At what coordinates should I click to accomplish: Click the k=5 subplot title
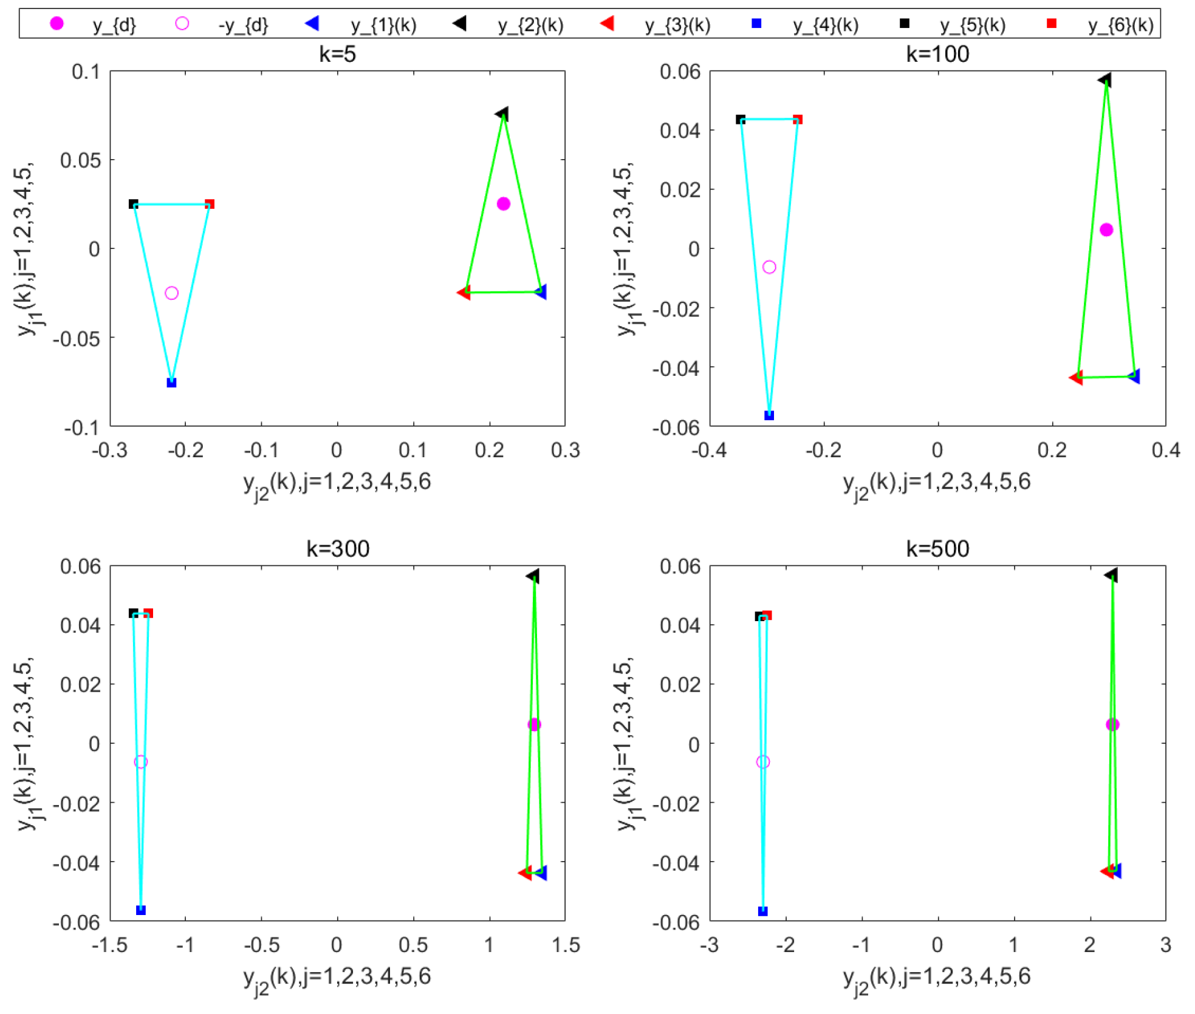click(337, 55)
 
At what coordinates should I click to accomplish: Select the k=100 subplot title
click(937, 55)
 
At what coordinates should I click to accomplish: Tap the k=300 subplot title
click(337, 549)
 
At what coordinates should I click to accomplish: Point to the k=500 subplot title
click(937, 549)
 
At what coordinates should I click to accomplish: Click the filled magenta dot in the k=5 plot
click(503, 203)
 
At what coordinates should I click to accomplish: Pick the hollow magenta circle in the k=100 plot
click(769, 267)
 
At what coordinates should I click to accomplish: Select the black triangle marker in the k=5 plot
click(502, 114)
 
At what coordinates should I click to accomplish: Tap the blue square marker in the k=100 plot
click(769, 415)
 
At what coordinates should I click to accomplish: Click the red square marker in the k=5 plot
click(210, 204)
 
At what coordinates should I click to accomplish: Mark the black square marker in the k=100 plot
click(741, 120)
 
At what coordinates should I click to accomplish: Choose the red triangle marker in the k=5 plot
click(464, 293)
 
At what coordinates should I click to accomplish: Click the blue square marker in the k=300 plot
click(141, 910)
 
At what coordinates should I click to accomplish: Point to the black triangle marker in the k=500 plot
click(1111, 574)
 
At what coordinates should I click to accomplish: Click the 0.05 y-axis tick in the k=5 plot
click(80, 160)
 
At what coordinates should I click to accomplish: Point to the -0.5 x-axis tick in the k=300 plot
click(261, 945)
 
